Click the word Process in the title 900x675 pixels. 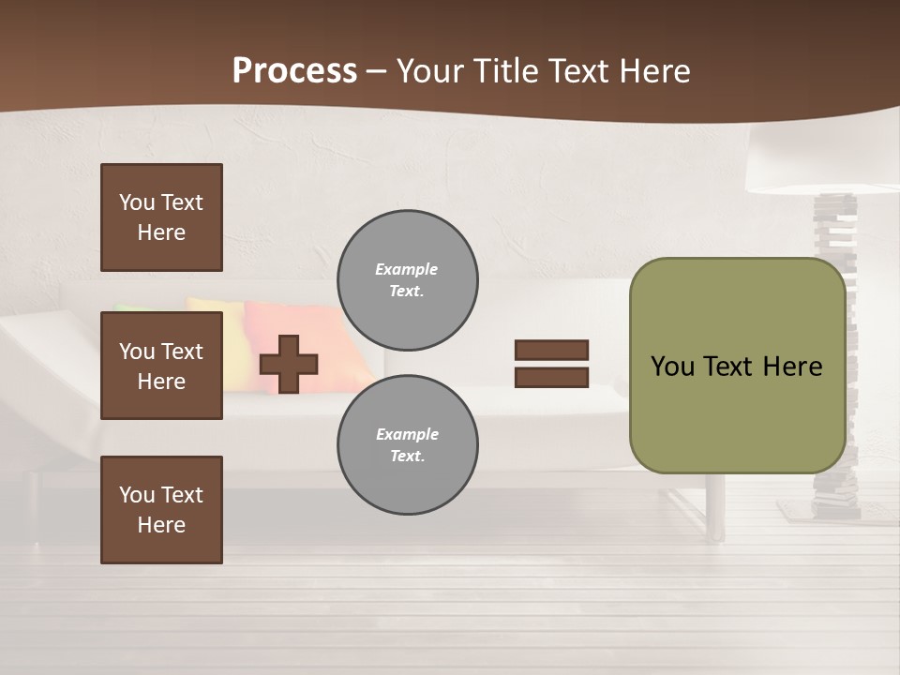pos(294,71)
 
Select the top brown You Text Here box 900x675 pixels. pos(161,217)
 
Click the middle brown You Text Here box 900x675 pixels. pos(161,366)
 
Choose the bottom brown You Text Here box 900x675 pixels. pos(161,510)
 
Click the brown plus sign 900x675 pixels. pos(289,364)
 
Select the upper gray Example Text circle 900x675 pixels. pos(407,279)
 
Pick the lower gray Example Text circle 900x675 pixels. pos(407,444)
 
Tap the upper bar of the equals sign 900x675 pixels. pos(551,350)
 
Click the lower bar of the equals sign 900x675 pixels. pos(551,378)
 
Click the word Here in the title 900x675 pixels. pos(655,71)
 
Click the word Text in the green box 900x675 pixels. pos(731,367)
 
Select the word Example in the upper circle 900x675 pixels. pos(407,269)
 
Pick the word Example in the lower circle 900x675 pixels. pos(407,434)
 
